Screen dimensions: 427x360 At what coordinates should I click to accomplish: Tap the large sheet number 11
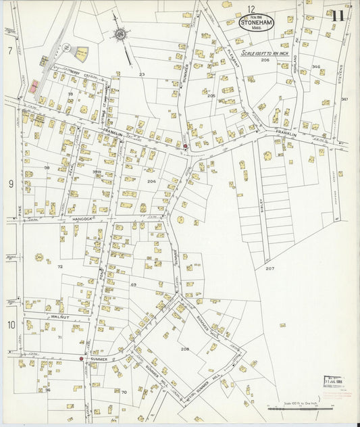pyautogui.click(x=338, y=15)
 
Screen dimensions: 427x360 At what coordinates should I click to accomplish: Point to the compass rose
pyautogui.click(x=120, y=33)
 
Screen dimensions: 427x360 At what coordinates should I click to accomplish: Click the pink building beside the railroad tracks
pyautogui.click(x=34, y=86)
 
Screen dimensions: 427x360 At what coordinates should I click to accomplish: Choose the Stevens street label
pyautogui.click(x=342, y=74)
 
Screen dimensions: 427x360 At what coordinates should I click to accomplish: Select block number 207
pyautogui.click(x=269, y=268)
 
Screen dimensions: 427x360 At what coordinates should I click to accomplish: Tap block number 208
pyautogui.click(x=184, y=349)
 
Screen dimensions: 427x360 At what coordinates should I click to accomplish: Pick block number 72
pyautogui.click(x=59, y=268)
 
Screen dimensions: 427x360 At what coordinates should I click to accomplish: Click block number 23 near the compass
pyautogui.click(x=142, y=74)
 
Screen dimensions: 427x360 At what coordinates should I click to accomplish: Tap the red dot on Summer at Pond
pyautogui.click(x=81, y=359)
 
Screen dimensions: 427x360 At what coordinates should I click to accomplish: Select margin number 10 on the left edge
pyautogui.click(x=11, y=325)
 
